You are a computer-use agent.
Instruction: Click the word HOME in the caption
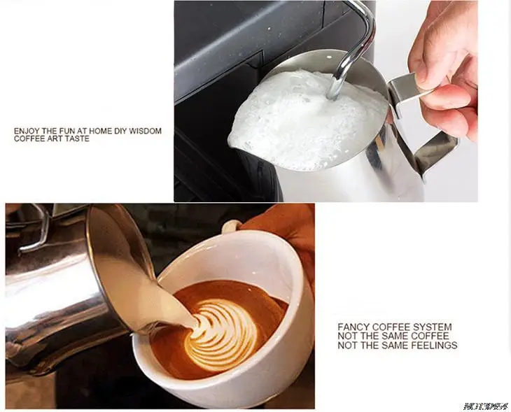(101, 131)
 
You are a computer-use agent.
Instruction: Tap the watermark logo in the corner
(486, 406)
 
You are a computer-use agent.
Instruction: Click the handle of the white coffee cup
(231, 225)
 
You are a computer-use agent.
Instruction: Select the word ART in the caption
(56, 138)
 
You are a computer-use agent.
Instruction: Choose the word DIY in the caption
(121, 131)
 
